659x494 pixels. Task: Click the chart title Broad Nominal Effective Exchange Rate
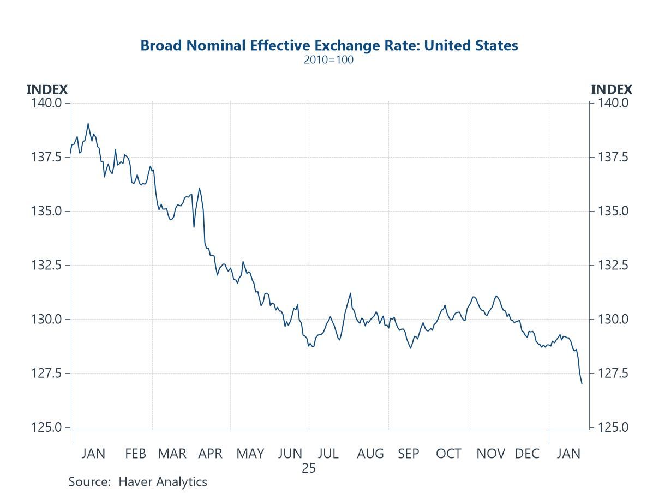point(329,45)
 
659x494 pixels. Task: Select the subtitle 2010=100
point(328,60)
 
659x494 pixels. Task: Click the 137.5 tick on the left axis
point(49,157)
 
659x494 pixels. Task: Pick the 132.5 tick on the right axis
point(613,265)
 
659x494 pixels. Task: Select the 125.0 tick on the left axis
point(49,427)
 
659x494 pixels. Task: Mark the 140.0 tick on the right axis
point(613,103)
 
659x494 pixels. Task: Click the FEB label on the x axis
point(135,454)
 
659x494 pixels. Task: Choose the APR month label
point(211,454)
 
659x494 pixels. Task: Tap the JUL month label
point(328,454)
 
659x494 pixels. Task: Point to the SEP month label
point(409,454)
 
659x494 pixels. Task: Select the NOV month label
point(490,454)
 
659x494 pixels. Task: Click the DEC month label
point(527,454)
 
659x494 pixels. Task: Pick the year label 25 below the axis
point(309,468)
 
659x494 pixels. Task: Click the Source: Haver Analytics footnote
point(137,482)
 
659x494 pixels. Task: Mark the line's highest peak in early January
point(88,124)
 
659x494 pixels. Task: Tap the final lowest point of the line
point(582,383)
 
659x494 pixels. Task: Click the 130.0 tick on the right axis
point(613,319)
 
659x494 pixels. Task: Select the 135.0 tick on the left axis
point(49,211)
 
